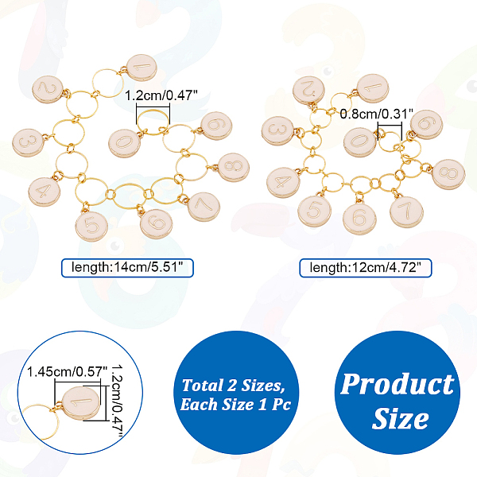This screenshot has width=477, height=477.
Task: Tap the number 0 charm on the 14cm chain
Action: (123, 142)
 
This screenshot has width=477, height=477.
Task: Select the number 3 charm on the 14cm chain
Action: (28, 143)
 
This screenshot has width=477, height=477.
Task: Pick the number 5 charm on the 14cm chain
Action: (92, 223)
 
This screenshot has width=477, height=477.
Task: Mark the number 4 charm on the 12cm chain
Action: (282, 183)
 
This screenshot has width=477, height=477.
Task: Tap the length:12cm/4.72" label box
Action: (365, 268)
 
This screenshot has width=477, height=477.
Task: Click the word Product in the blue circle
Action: (397, 384)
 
